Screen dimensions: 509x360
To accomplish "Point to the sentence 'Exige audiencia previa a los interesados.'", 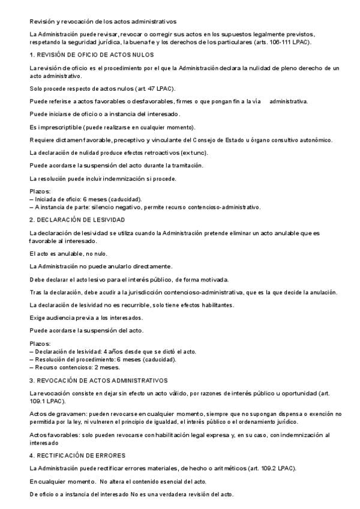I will (85, 318).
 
